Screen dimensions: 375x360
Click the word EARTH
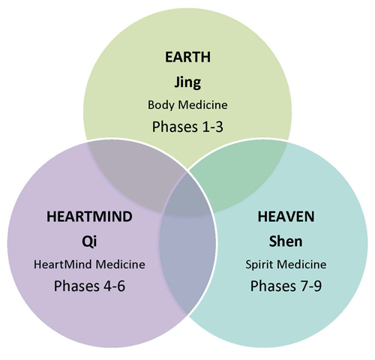(187, 57)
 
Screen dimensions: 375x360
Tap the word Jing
(187, 82)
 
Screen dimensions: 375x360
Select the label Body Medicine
(187, 105)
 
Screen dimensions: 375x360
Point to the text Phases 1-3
(187, 127)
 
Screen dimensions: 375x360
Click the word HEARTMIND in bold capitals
(89, 217)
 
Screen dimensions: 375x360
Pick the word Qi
(89, 241)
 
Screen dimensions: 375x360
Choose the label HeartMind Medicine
(89, 265)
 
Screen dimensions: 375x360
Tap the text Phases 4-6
(89, 286)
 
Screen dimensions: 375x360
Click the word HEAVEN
(286, 217)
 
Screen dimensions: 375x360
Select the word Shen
(286, 241)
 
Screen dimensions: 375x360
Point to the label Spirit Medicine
(286, 265)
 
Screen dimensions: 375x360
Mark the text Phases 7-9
(286, 286)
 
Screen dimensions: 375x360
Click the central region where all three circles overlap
(187, 197)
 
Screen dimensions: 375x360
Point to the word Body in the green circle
(161, 105)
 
